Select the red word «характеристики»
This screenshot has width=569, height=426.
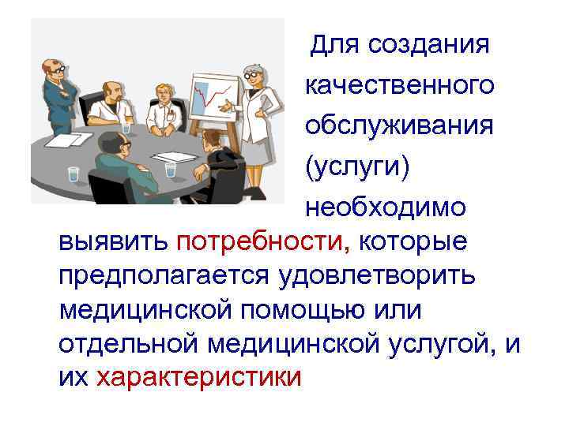coord(198,376)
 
